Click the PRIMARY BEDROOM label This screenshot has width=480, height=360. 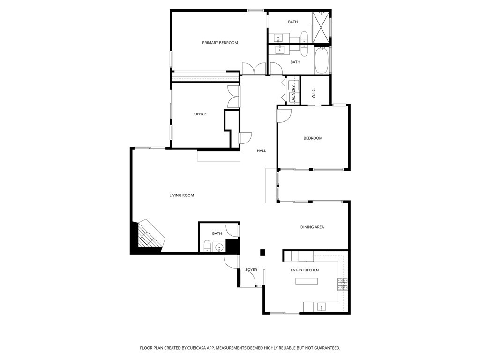click(220, 43)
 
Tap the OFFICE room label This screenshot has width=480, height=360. click(200, 114)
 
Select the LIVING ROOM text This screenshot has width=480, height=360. click(181, 195)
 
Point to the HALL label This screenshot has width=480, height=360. click(262, 150)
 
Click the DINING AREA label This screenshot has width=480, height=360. click(312, 227)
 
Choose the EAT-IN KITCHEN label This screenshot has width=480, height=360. click(305, 270)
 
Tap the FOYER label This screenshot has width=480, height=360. click(251, 270)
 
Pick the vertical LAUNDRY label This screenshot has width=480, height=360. click(293, 94)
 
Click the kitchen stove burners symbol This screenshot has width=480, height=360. click(343, 284)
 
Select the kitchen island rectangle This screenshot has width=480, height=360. click(307, 281)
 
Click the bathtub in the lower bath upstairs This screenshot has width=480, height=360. click(322, 60)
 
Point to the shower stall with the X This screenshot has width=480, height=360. click(321, 27)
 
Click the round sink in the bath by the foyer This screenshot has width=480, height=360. click(219, 247)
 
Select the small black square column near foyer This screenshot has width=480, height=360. click(262, 253)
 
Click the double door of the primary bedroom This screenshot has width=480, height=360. click(254, 68)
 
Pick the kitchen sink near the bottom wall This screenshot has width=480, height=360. click(321, 307)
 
